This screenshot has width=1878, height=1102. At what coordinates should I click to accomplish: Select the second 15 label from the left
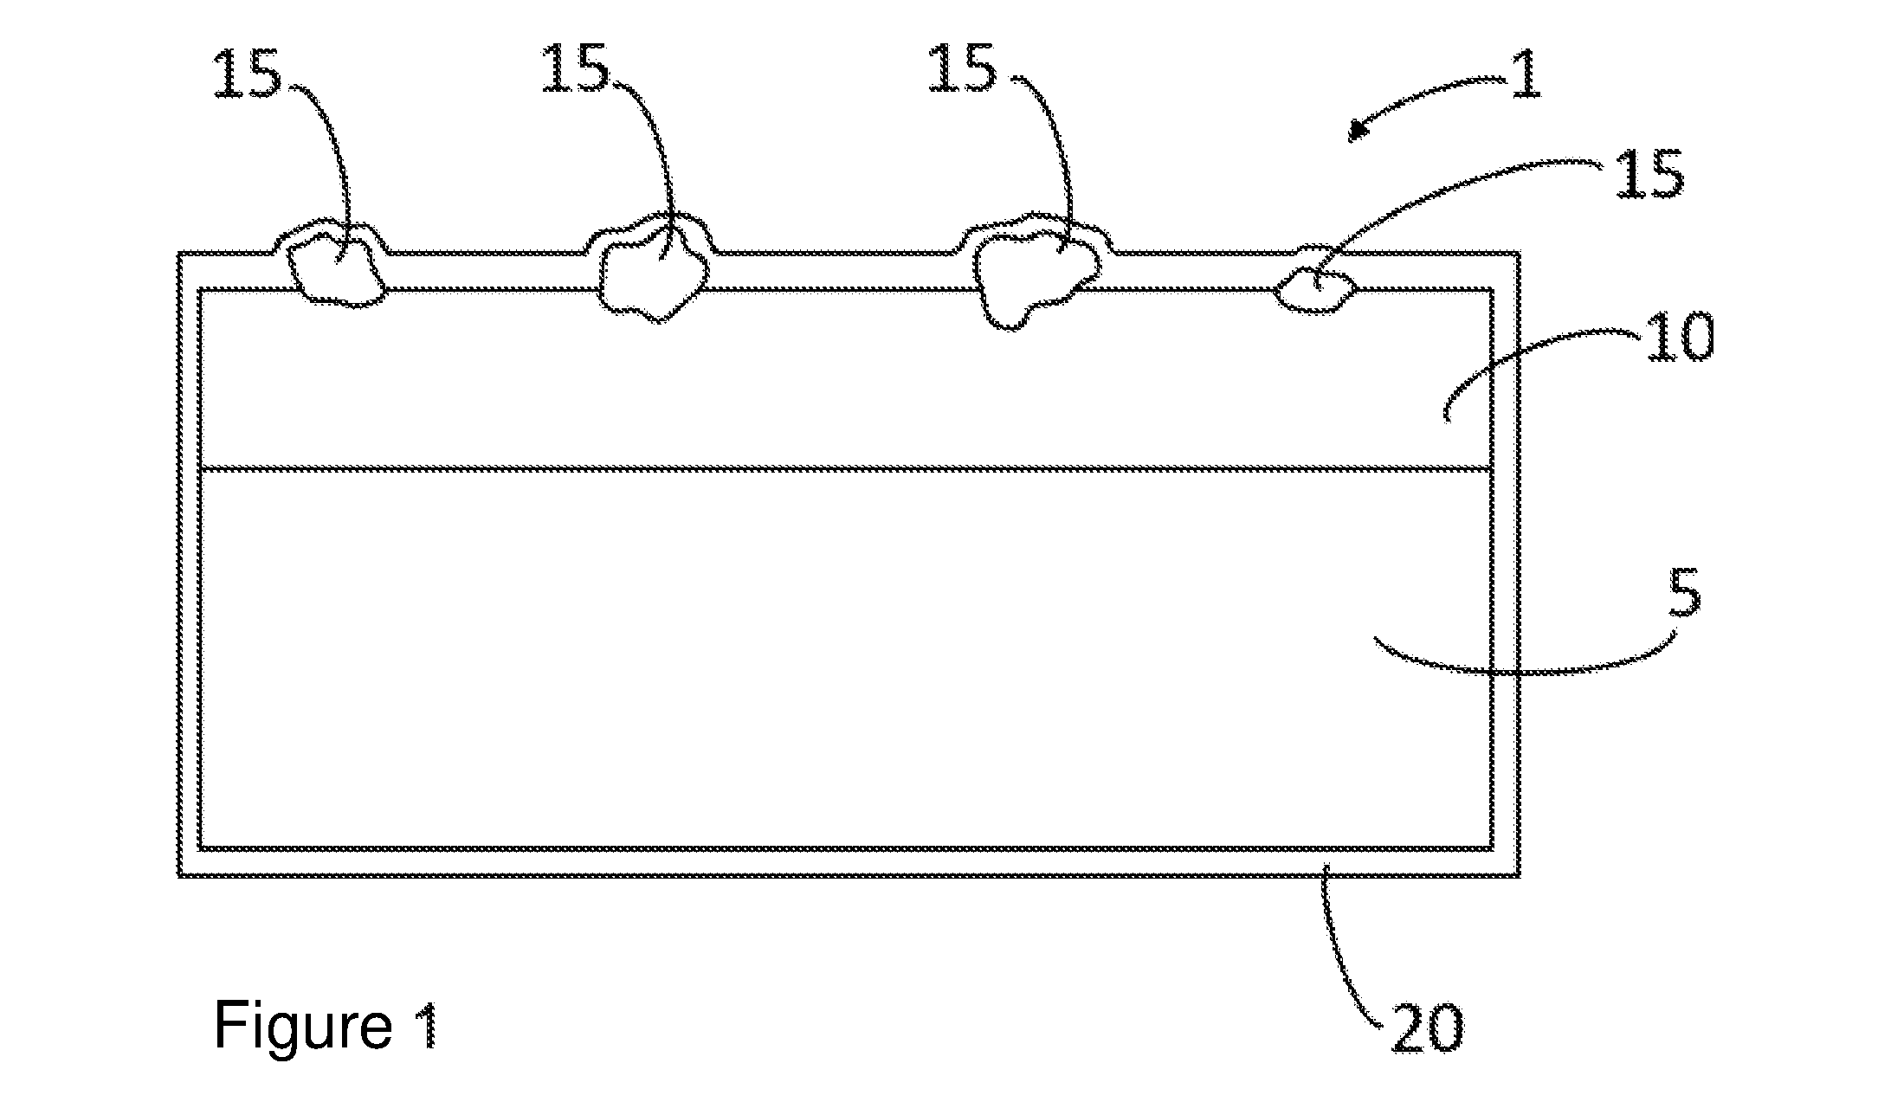pyautogui.click(x=575, y=68)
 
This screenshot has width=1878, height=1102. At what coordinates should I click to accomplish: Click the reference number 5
pyautogui.click(x=1684, y=593)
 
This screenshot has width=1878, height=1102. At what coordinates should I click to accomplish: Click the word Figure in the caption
pyautogui.click(x=303, y=1025)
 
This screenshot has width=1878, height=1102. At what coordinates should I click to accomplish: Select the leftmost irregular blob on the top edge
pyautogui.click(x=337, y=272)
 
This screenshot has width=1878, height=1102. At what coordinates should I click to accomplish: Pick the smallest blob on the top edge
pyautogui.click(x=1314, y=291)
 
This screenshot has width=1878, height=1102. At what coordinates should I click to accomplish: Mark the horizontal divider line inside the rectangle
pyautogui.click(x=846, y=470)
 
